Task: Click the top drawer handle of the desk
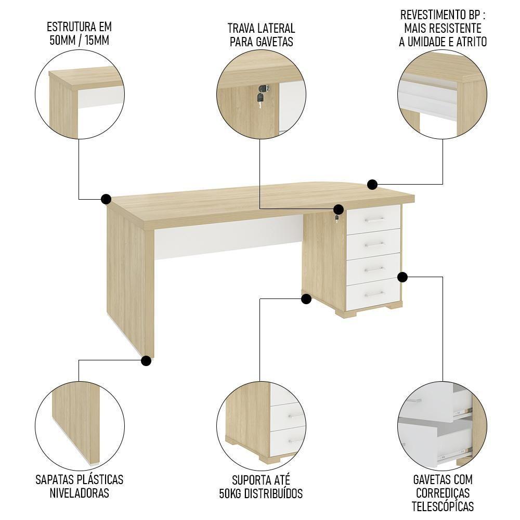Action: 373,220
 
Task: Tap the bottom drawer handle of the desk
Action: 374,294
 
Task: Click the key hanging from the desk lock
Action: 338,217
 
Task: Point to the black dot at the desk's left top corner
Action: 106,199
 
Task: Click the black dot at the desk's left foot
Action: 147,360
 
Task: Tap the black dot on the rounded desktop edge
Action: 372,184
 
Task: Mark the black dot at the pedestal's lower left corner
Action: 306,299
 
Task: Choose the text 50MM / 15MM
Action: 79,41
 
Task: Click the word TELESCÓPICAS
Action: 443,506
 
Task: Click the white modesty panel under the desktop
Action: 229,237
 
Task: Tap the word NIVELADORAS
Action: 80,493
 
